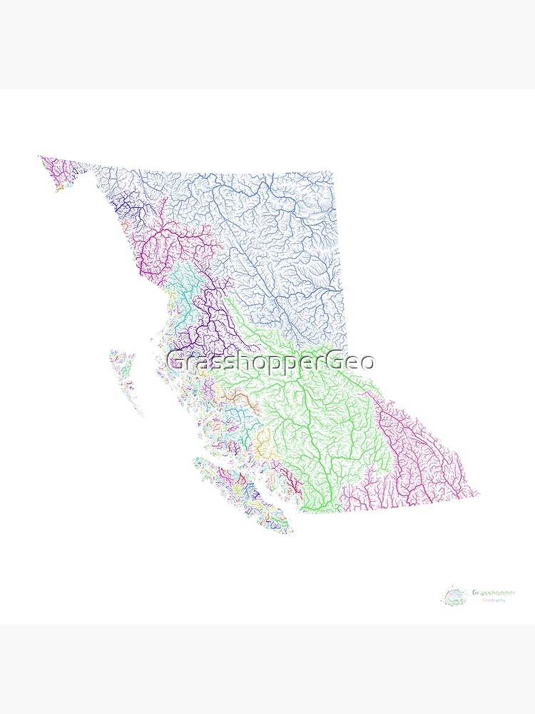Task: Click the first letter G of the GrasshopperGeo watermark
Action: (x=175, y=362)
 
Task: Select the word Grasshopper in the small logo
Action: (x=493, y=593)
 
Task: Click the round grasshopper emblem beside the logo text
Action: (x=454, y=596)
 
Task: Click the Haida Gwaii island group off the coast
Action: (x=125, y=378)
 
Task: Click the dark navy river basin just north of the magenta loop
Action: (x=132, y=207)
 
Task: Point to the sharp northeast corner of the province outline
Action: (x=332, y=171)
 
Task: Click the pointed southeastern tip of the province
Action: (x=479, y=493)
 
